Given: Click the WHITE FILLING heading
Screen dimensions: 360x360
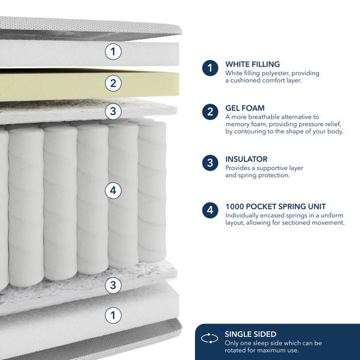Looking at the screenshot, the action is [x=253, y=64].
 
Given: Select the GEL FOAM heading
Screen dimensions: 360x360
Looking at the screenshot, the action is [x=245, y=108].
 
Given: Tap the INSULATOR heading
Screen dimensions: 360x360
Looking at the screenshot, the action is [x=246, y=159].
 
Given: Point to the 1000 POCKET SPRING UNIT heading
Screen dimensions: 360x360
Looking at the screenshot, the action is [x=276, y=207].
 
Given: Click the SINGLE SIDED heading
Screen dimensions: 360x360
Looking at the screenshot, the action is [x=251, y=334].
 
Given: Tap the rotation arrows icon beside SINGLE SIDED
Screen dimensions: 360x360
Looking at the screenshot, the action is [x=209, y=338].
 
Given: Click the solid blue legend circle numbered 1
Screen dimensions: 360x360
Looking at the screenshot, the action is [x=210, y=68].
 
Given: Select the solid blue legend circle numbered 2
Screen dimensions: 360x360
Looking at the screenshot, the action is [x=210, y=112].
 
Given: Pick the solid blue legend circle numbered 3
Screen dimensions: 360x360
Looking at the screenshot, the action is [x=210, y=163].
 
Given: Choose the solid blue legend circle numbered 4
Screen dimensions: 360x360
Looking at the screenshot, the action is [x=210, y=210].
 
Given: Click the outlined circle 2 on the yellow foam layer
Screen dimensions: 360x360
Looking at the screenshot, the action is [x=113, y=83].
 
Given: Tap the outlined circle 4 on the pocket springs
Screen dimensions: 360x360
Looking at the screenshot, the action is [x=113, y=191].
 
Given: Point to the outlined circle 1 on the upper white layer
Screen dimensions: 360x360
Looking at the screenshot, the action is [x=113, y=52].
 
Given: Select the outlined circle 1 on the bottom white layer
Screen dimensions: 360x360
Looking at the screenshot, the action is [x=113, y=315].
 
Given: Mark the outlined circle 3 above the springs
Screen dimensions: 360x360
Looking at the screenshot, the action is [x=113, y=111].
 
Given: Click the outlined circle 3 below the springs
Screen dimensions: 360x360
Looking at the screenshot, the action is [x=113, y=285].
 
